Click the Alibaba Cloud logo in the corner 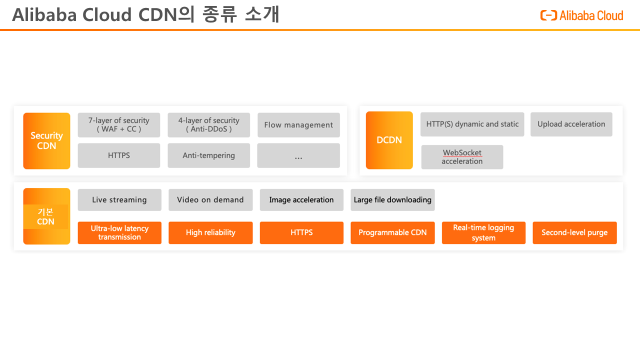581,15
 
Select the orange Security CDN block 46,141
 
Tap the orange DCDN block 389,140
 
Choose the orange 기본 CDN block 46,216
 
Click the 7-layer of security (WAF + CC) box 119,125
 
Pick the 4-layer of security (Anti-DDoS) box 209,125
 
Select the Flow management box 298,125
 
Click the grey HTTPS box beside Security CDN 119,155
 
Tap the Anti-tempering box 209,155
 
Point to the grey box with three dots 298,155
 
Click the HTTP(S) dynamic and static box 472,124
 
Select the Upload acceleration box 571,124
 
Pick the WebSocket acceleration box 462,157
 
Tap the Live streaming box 119,199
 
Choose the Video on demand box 210,199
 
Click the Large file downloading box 392,199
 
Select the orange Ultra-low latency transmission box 119,233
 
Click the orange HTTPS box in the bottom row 301,233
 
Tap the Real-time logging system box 483,233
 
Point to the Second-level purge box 575,233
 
